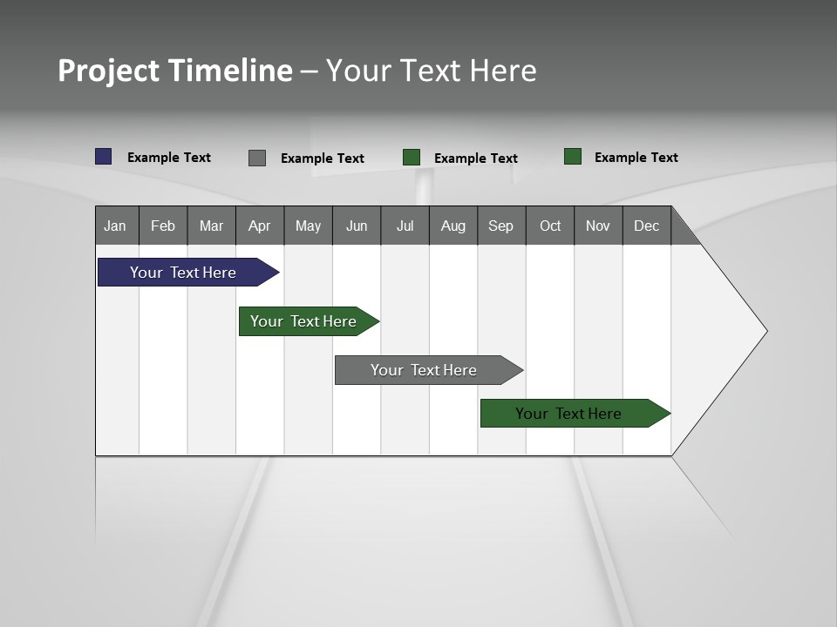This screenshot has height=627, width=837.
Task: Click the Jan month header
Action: pyautogui.click(x=115, y=226)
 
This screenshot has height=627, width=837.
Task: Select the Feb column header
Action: pyautogui.click(x=163, y=226)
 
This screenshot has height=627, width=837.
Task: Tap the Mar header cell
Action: pyautogui.click(x=211, y=226)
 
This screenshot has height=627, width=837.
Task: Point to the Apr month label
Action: pyautogui.click(x=259, y=226)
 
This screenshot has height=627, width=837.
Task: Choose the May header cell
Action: pyautogui.click(x=308, y=226)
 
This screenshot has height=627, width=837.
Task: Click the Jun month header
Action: pyautogui.click(x=357, y=226)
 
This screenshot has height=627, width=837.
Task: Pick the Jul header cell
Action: pyautogui.click(x=405, y=226)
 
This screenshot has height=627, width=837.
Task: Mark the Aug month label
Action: pyautogui.click(x=453, y=226)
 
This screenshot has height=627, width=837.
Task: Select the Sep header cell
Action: pyautogui.click(x=501, y=226)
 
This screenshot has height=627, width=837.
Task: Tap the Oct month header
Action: pyautogui.click(x=550, y=226)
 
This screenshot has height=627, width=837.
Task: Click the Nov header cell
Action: pyautogui.click(x=598, y=226)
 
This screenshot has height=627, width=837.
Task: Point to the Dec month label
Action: pyautogui.click(x=647, y=226)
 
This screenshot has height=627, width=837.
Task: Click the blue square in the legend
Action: pyautogui.click(x=104, y=157)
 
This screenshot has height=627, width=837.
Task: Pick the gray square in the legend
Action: pyautogui.click(x=257, y=158)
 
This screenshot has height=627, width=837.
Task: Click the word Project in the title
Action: pyautogui.click(x=108, y=71)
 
